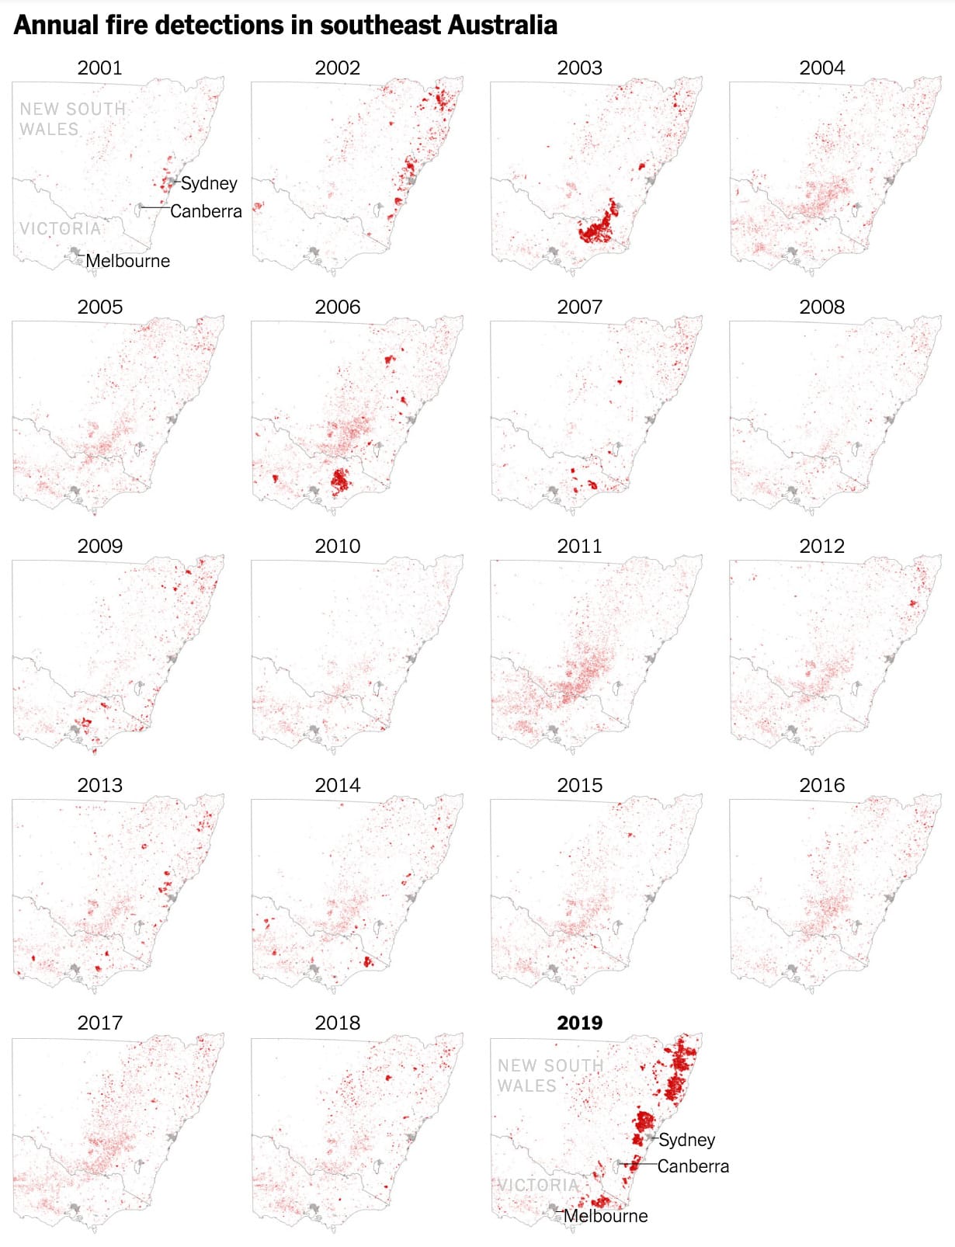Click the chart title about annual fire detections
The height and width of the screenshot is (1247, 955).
pyautogui.click(x=285, y=25)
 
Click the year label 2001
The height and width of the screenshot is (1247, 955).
pyautogui.click(x=99, y=68)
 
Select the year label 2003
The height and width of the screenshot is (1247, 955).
pyautogui.click(x=579, y=68)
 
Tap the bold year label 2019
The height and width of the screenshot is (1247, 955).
pyautogui.click(x=579, y=1023)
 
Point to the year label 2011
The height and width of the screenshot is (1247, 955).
pyautogui.click(x=579, y=546)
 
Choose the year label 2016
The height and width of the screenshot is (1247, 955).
pyautogui.click(x=821, y=785)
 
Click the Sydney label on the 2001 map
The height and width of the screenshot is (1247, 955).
pyautogui.click(x=209, y=183)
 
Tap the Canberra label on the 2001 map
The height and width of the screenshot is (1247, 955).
pyautogui.click(x=206, y=211)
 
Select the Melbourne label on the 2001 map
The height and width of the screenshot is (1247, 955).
pyautogui.click(x=127, y=261)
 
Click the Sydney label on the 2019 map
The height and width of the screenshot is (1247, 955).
pyautogui.click(x=687, y=1140)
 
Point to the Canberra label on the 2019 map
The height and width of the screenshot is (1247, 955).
pyautogui.click(x=693, y=1166)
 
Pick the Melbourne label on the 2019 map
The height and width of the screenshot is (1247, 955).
pyautogui.click(x=606, y=1216)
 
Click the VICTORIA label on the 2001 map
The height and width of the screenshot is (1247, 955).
pyautogui.click(x=61, y=228)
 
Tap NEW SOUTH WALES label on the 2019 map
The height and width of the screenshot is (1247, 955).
pyautogui.click(x=550, y=1075)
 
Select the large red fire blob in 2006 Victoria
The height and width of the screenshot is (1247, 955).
pyautogui.click(x=340, y=481)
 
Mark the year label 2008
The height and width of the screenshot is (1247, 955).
pyautogui.click(x=821, y=307)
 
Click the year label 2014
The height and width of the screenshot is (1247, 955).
pyautogui.click(x=337, y=785)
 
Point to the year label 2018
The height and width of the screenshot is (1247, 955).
pyautogui.click(x=337, y=1023)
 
